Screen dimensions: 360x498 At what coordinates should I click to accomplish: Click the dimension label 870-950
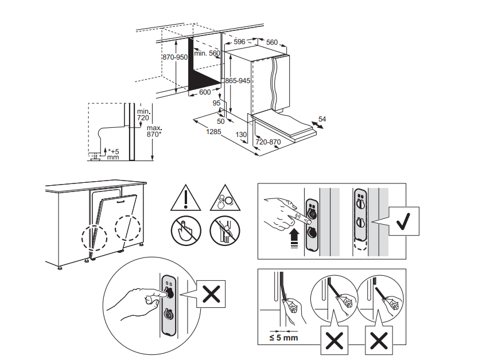[x=175, y=57]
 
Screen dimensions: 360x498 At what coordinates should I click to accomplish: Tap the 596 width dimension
[x=239, y=42]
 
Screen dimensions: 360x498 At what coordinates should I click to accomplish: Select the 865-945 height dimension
[x=238, y=81]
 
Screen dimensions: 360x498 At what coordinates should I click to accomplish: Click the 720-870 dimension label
[x=268, y=142]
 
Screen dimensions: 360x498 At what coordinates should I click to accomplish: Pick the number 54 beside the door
[x=322, y=119]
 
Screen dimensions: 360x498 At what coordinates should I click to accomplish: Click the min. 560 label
[x=207, y=53]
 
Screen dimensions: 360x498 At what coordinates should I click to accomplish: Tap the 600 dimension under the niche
[x=205, y=92]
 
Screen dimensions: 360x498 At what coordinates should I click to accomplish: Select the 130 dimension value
[x=242, y=135]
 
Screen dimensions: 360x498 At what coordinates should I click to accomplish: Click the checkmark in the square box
[x=405, y=221]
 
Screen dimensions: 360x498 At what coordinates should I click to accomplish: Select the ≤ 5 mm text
[x=283, y=338]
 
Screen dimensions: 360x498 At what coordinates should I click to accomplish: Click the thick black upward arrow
[x=294, y=235]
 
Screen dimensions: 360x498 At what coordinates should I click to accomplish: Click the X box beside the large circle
[x=211, y=295]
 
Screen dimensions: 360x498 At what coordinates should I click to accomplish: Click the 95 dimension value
[x=216, y=103]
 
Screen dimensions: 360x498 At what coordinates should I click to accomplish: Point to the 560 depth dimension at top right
[x=271, y=42]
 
